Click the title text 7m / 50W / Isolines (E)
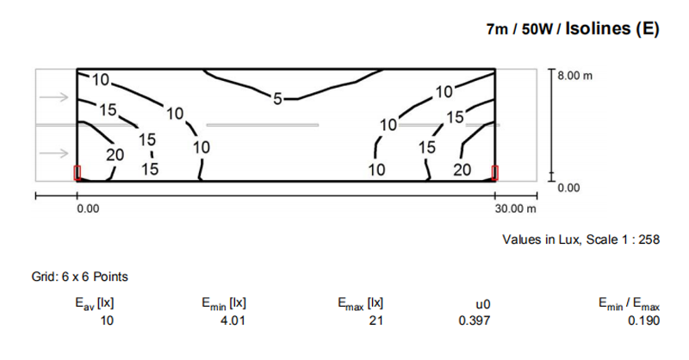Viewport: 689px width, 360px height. pos(572,29)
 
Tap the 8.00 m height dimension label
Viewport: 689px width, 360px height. pos(575,76)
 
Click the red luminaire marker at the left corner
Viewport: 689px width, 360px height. pos(78,173)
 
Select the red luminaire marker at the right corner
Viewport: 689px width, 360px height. pos(495,173)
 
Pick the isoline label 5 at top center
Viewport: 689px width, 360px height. pos(277,96)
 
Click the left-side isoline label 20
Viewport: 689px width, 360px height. pos(115,155)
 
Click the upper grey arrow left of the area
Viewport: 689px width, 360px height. pos(53,96)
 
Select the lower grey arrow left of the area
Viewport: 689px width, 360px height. pos(53,154)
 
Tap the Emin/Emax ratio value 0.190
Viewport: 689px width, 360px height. pos(642,320)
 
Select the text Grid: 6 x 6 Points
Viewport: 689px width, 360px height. pos(79,276)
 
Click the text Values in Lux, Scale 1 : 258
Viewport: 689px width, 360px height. pos(580,241)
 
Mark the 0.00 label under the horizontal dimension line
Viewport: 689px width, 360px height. pos(88,208)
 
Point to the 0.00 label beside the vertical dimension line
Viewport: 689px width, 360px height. pos(570,187)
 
